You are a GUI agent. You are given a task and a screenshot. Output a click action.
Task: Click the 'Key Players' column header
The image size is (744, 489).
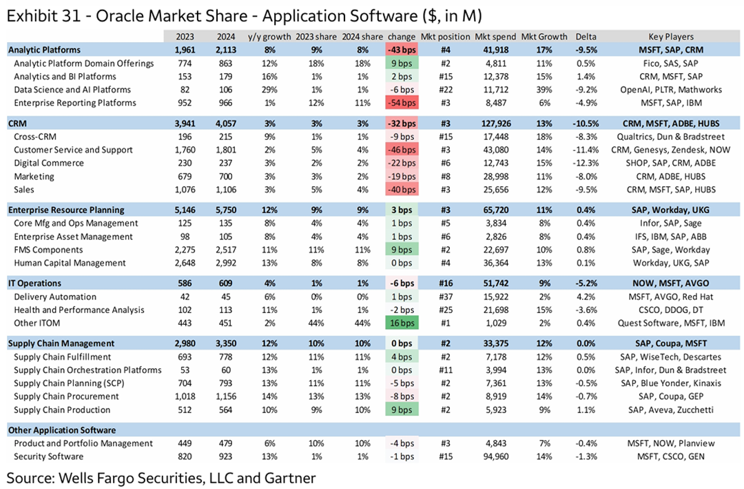tap(671, 37)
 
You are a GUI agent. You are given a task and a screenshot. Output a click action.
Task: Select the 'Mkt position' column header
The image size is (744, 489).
tap(445, 37)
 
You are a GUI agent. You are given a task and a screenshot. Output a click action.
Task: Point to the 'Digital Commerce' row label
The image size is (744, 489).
tap(49, 163)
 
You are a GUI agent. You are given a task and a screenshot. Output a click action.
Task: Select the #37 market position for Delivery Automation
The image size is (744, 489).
tap(445, 297)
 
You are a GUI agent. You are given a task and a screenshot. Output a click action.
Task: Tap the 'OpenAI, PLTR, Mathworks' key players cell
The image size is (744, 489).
tap(671, 90)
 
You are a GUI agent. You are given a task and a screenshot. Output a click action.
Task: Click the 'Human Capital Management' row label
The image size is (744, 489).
tap(70, 263)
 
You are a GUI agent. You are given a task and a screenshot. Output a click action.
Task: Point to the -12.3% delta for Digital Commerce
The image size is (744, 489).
tap(592, 163)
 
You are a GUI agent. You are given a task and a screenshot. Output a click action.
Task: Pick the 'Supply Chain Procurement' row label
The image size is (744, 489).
tap(66, 397)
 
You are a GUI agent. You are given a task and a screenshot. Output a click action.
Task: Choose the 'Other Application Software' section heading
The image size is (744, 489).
tap(61, 430)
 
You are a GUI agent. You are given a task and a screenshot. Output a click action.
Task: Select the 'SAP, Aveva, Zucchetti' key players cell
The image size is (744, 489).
tap(671, 410)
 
